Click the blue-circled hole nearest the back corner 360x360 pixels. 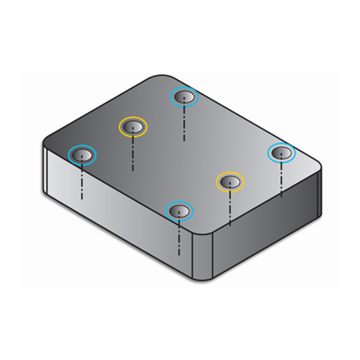coord(184,96)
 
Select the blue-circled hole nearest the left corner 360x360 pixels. coord(81,154)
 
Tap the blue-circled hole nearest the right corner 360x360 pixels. coord(281,153)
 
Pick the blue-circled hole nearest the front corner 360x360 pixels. coord(179,210)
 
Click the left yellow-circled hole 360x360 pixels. coord(132,127)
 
